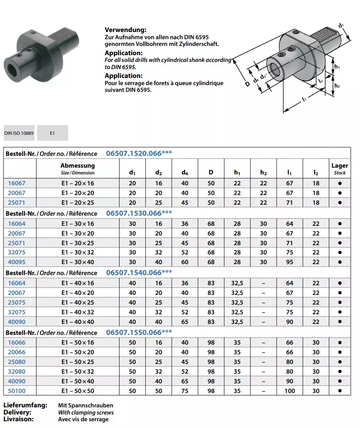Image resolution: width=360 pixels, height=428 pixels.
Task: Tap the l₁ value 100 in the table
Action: pyautogui.click(x=290, y=391)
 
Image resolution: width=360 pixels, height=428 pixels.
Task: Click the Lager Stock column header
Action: pyautogui.click(x=339, y=169)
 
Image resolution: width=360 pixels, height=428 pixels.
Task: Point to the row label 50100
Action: pyautogui.click(x=17, y=391)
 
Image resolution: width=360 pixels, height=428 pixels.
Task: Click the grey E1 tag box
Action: pyautogui.click(x=52, y=133)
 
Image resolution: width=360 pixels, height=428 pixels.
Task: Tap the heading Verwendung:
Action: pyautogui.click(x=125, y=30)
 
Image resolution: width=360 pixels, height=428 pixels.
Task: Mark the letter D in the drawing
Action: pyautogui.click(x=247, y=84)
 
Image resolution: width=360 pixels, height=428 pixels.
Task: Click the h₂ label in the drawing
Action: pyautogui.click(x=337, y=86)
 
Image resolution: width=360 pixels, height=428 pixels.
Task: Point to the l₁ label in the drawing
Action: pyautogui.click(x=304, y=99)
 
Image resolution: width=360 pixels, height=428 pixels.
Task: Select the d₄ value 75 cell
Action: pyautogui.click(x=185, y=391)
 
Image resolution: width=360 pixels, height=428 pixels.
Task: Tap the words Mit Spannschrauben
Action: pyautogui.click(x=85, y=405)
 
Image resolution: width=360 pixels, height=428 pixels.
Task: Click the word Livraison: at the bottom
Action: pyautogui.click(x=19, y=419)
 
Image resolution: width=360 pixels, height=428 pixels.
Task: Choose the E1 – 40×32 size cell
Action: pyautogui.click(x=77, y=312)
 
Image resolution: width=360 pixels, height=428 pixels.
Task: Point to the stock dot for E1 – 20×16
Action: pyautogui.click(x=339, y=183)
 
